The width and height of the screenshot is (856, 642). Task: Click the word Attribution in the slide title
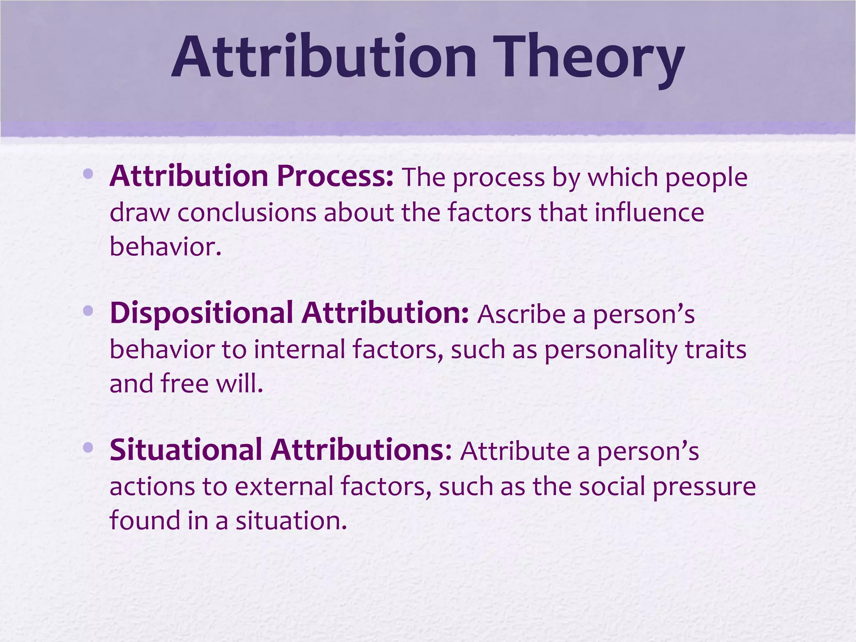[x=324, y=57]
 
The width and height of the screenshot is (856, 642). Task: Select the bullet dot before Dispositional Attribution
[x=88, y=311]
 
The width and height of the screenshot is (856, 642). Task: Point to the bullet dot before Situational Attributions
[x=88, y=448]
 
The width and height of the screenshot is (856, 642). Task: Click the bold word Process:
[x=335, y=176]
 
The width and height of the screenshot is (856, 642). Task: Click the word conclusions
[x=247, y=212]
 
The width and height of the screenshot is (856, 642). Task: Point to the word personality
[x=610, y=350]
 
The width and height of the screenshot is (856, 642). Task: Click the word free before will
[x=184, y=383]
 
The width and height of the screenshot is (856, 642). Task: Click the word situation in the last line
[x=291, y=521]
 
